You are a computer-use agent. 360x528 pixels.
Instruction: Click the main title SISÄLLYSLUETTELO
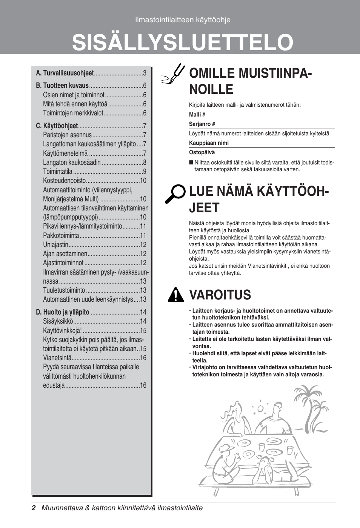(x=183, y=42)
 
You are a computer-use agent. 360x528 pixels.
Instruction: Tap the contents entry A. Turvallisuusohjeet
(x=65, y=73)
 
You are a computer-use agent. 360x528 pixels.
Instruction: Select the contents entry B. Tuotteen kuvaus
(x=62, y=86)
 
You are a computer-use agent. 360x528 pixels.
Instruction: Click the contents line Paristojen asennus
(x=67, y=135)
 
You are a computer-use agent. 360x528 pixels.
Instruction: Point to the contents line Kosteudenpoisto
(x=65, y=181)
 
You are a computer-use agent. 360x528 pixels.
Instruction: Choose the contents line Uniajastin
(x=56, y=245)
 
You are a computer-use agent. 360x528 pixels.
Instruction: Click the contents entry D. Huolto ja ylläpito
(x=63, y=312)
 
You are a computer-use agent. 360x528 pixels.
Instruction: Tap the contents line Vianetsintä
(x=57, y=358)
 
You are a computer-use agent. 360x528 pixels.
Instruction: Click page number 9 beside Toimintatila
(x=145, y=172)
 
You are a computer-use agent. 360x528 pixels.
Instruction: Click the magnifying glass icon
(x=175, y=194)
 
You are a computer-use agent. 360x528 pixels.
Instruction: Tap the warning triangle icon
(x=175, y=295)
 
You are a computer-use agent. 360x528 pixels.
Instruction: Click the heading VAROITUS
(x=220, y=295)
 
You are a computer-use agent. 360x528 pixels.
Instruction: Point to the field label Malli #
(x=197, y=115)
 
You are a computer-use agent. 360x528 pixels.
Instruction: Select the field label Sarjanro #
(x=202, y=124)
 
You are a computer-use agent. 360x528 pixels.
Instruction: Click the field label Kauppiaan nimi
(x=209, y=143)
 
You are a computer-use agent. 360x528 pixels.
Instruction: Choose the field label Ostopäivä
(x=202, y=152)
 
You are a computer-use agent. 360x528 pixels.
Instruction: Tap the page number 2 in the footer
(x=34, y=508)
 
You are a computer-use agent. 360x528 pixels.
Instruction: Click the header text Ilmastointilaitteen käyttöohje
(x=183, y=20)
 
